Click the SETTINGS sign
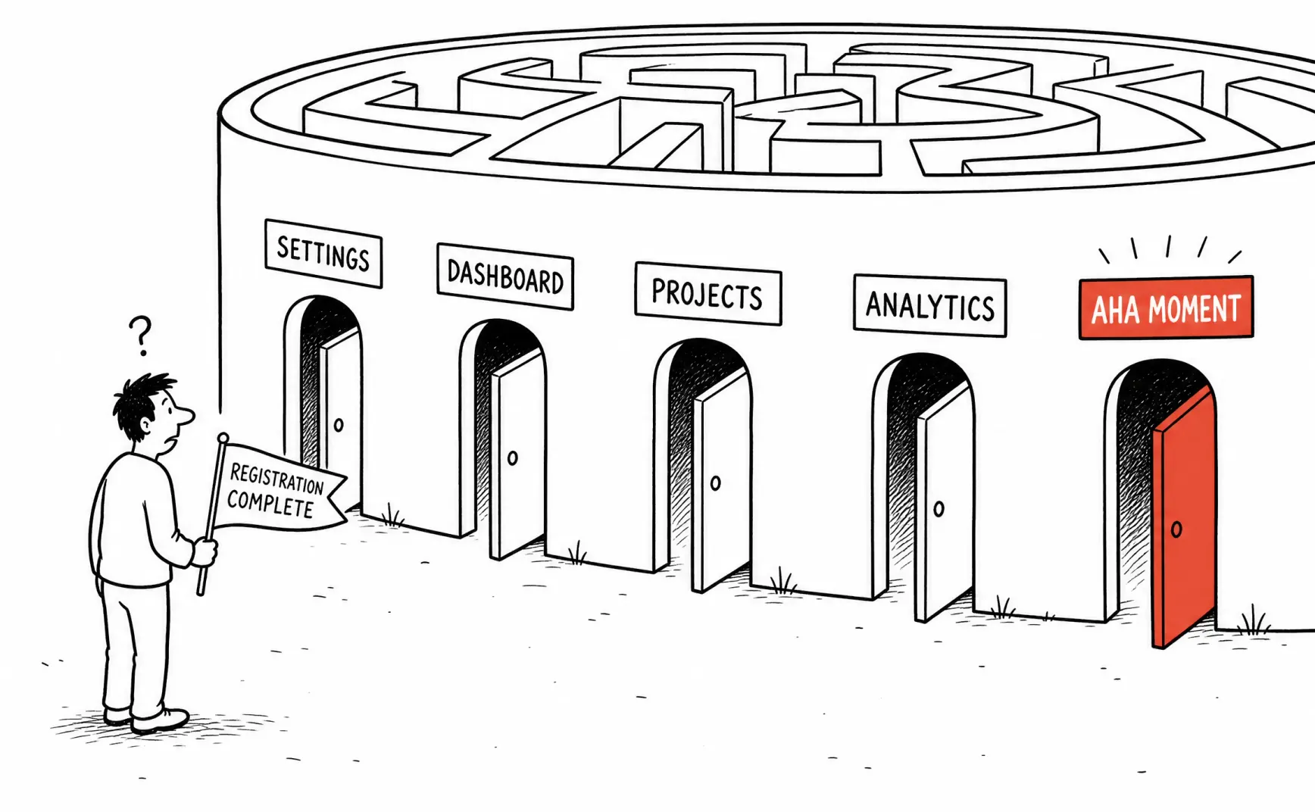(x=323, y=254)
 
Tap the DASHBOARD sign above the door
(x=505, y=276)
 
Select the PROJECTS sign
(x=707, y=294)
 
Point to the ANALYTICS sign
(x=930, y=305)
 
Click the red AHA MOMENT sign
(x=1166, y=308)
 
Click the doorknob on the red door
(x=1176, y=529)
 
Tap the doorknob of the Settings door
(x=339, y=425)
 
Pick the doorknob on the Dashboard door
(x=513, y=458)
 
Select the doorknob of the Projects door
(x=715, y=483)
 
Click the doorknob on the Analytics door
(x=939, y=509)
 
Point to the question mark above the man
(x=140, y=336)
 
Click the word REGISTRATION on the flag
(x=276, y=479)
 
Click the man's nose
(x=184, y=414)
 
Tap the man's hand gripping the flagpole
(x=205, y=551)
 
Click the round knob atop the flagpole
(x=223, y=438)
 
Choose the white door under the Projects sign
(x=721, y=481)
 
